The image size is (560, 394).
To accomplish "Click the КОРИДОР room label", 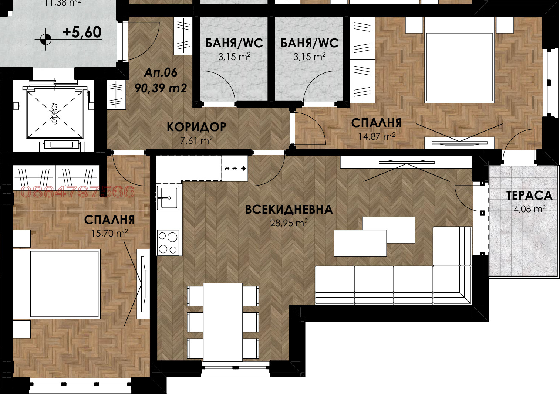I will coord(196,127).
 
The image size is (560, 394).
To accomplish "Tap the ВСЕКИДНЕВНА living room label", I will coord(289,210).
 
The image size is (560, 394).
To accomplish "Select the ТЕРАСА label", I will coord(529,195).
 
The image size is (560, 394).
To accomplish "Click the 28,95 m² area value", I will coord(289,223).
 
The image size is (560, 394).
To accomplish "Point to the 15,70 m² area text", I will coord(109,233).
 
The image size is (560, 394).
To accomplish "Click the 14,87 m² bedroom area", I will coord(377,136).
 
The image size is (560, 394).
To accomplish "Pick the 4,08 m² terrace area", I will coord(529,209).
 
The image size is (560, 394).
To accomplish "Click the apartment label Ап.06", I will coord(161,72).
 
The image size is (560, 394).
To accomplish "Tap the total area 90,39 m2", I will coord(161,88).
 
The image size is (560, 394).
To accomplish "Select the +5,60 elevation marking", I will coord(82,32).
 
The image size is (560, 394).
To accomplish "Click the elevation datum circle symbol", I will coord(45,38).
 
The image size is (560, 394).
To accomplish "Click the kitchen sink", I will coord(168,198).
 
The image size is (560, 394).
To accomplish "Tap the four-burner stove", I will coord(168,242).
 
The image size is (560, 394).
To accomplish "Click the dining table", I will coord(223,322).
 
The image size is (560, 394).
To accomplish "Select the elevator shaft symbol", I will coord(54,113).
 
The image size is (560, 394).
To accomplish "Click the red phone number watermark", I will coord(78,191).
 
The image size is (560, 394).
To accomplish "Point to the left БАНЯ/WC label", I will coord(234,43).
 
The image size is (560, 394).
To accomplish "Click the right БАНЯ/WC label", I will coord(309,43).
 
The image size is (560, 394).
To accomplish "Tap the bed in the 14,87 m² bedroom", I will coord(460,67).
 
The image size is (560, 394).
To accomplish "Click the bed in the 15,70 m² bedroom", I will coord(65,283).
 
